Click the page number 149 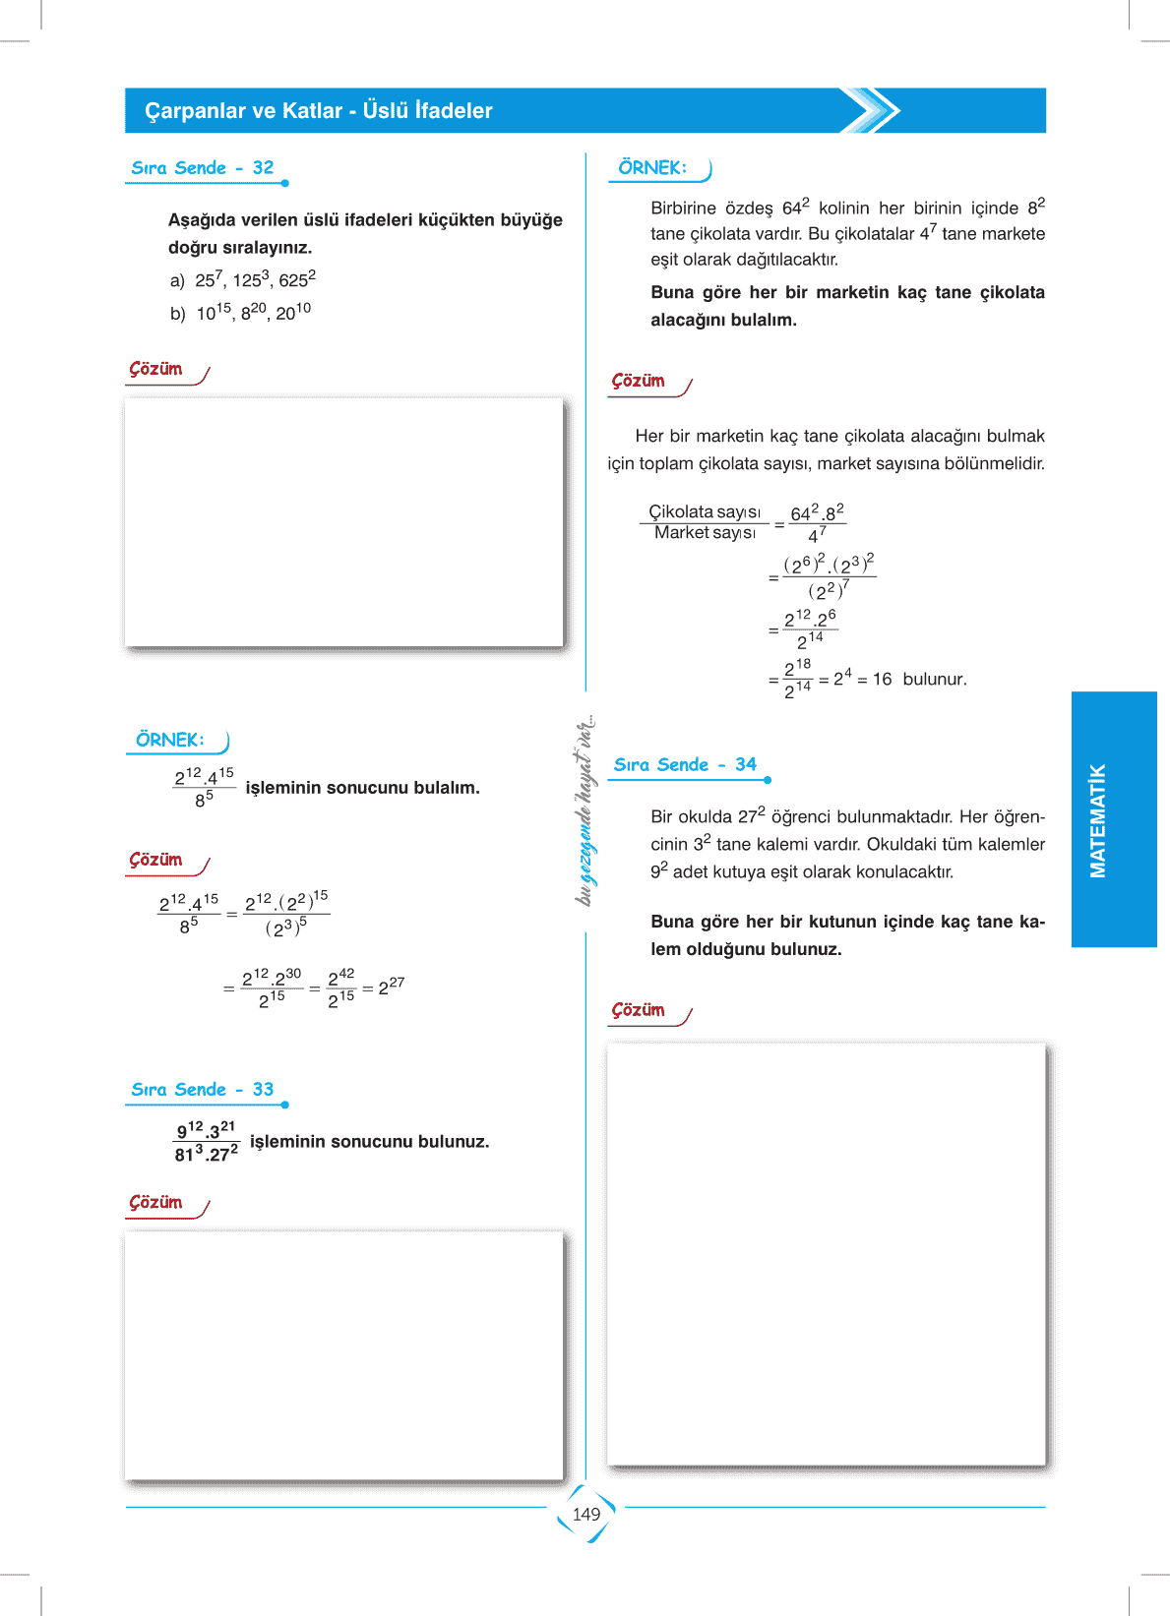point(586,1514)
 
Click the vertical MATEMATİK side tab point(1098,820)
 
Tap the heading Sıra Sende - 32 point(203,168)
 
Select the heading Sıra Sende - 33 point(203,1090)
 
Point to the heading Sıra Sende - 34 point(685,765)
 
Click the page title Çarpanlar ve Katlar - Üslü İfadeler point(319,111)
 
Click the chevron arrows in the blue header point(871,110)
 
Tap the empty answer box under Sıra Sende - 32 point(343,522)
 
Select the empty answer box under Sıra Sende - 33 point(343,1355)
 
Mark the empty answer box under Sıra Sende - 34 point(826,1255)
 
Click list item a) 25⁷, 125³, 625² point(243,280)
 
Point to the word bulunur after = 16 point(935,680)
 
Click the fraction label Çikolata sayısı point(705,511)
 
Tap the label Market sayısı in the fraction point(705,533)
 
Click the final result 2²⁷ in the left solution point(391,987)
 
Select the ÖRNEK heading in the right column point(652,168)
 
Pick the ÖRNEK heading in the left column point(170,741)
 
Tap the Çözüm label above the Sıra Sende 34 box point(639,1011)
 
